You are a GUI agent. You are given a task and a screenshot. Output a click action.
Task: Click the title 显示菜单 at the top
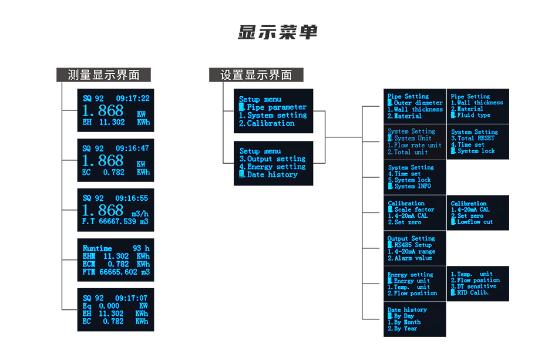(x=277, y=33)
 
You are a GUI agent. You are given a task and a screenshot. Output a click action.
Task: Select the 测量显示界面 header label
(x=103, y=75)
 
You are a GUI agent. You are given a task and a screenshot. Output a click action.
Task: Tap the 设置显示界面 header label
(x=256, y=75)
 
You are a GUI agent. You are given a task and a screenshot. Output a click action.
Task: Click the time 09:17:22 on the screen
(x=132, y=99)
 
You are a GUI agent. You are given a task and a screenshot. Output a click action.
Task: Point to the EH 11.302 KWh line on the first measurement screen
(x=116, y=122)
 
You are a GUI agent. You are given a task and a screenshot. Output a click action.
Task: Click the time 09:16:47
(x=132, y=149)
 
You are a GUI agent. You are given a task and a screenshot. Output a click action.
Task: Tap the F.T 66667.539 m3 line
(x=116, y=222)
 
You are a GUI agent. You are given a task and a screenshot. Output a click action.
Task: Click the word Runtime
(x=97, y=248)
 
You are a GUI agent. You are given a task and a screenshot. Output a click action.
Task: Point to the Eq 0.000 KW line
(x=116, y=306)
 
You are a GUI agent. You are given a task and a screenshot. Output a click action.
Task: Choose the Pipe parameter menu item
(x=276, y=107)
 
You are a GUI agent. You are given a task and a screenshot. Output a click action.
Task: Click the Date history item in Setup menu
(x=272, y=175)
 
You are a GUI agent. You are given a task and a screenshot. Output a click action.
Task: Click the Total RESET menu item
(x=476, y=139)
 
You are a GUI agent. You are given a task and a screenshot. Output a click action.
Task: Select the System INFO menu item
(x=412, y=187)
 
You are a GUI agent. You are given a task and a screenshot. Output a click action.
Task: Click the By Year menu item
(x=405, y=329)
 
